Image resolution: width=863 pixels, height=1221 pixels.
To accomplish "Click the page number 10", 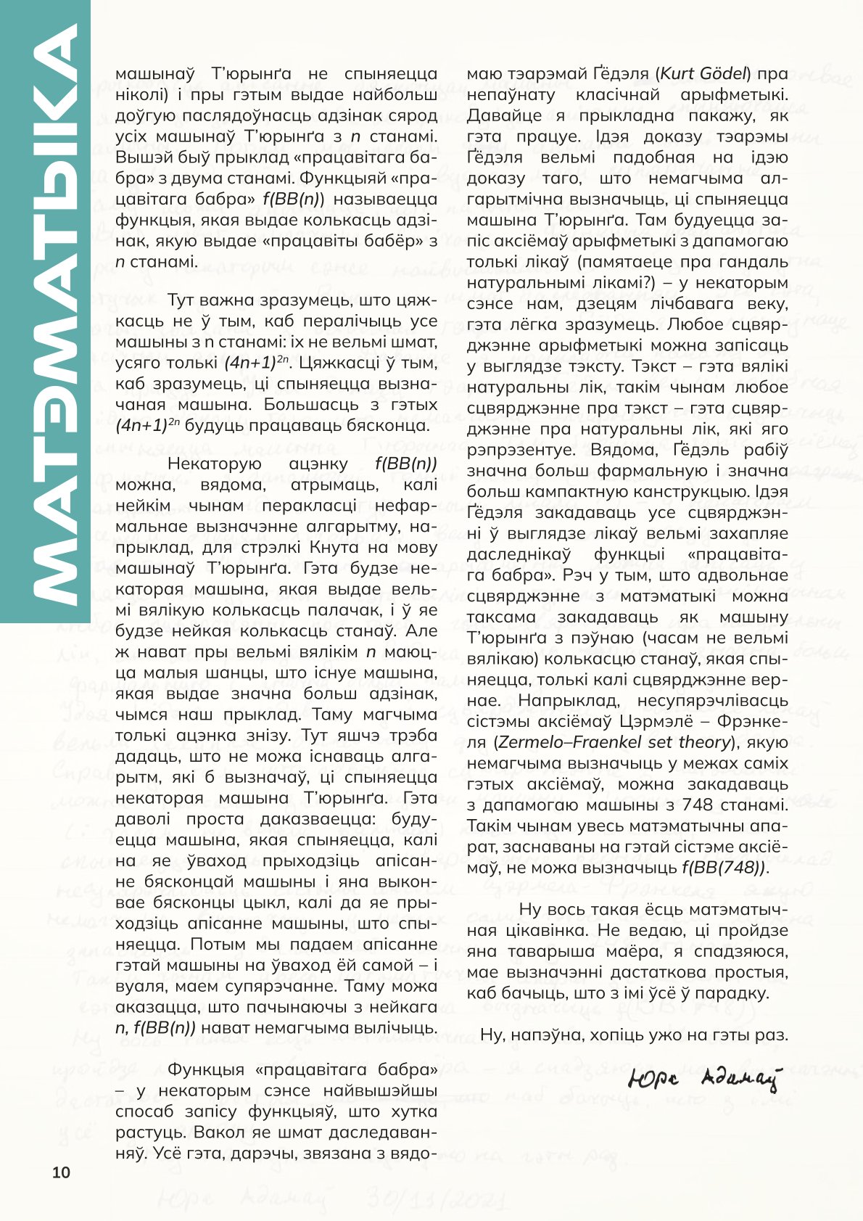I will point(61,1172).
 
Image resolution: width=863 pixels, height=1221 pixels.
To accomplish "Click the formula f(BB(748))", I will point(724,868).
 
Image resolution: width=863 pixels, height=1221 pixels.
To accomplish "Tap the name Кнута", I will point(334,548).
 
